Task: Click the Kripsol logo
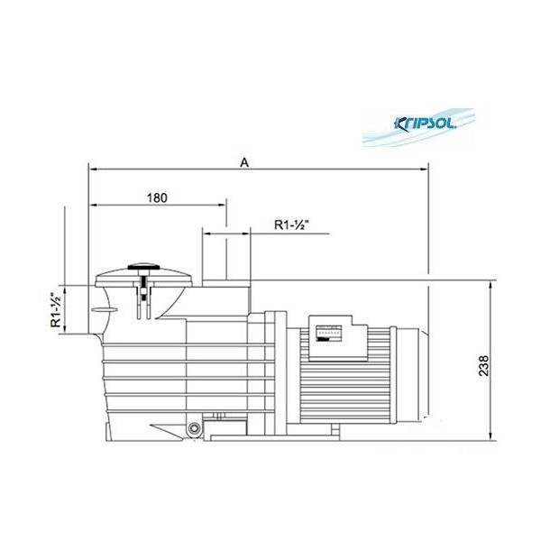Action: point(425,124)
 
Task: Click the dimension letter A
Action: point(244,162)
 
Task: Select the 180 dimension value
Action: point(157,198)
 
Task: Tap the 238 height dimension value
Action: point(483,366)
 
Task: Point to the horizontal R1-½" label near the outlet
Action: point(291,225)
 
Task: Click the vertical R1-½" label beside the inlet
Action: point(56,310)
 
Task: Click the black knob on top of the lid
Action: point(143,267)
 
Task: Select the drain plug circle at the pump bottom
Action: point(194,428)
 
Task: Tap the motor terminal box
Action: point(338,338)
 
